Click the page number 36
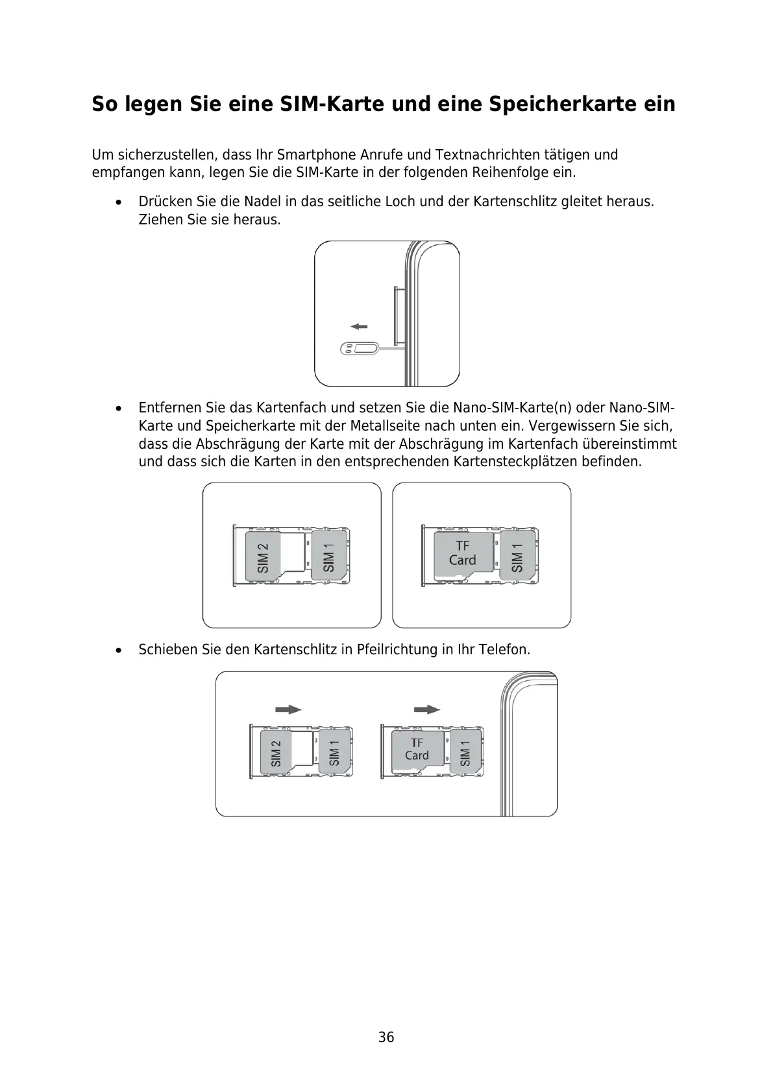(386, 1038)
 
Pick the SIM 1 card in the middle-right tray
(517, 556)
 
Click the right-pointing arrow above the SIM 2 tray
(288, 709)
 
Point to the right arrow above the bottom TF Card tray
(427, 709)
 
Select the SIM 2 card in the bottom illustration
(276, 752)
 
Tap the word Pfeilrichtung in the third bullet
(397, 649)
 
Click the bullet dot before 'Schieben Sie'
(117, 650)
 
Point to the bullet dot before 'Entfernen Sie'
(117, 409)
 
